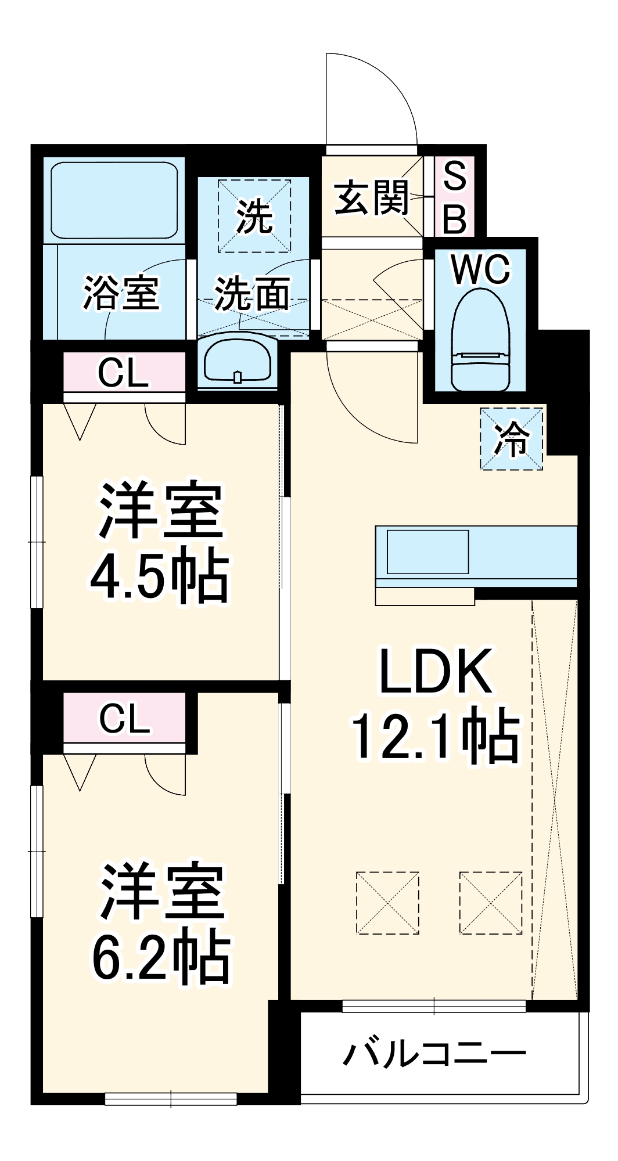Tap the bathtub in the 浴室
(114, 199)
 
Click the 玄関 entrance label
(372, 197)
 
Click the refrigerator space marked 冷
(511, 439)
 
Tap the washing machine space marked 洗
(254, 216)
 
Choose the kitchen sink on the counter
(428, 552)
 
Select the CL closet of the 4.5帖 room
(124, 372)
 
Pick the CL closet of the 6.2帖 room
(124, 718)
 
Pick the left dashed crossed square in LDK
(387, 903)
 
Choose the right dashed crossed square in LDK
(491, 903)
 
